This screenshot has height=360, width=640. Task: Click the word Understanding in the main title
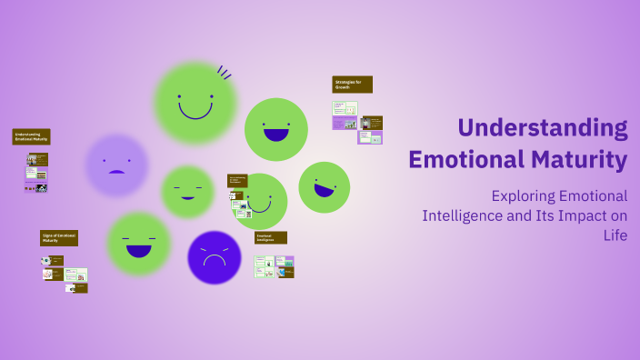pos(543,128)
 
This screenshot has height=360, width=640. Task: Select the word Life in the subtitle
pos(615,235)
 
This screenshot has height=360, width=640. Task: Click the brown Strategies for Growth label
pos(352,85)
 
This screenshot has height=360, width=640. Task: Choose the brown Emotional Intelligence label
pos(270,237)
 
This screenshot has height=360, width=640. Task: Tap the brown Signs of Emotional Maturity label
pos(59,238)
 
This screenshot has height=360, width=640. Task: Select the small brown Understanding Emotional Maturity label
pos(31,136)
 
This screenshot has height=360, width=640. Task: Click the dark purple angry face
pos(214,257)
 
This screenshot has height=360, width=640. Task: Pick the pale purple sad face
pos(116,165)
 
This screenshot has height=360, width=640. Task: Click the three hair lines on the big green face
pos(224,72)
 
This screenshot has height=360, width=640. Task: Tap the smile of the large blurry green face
pos(195,112)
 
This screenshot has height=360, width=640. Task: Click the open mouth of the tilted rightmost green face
pos(324,190)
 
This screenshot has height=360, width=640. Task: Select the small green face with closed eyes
pos(187,191)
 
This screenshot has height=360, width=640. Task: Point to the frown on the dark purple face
pos(214,261)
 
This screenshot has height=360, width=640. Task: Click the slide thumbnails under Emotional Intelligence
pos(274,266)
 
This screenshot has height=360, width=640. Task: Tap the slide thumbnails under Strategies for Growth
pos(356,122)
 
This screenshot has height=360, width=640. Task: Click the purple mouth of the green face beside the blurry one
pos(275,135)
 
